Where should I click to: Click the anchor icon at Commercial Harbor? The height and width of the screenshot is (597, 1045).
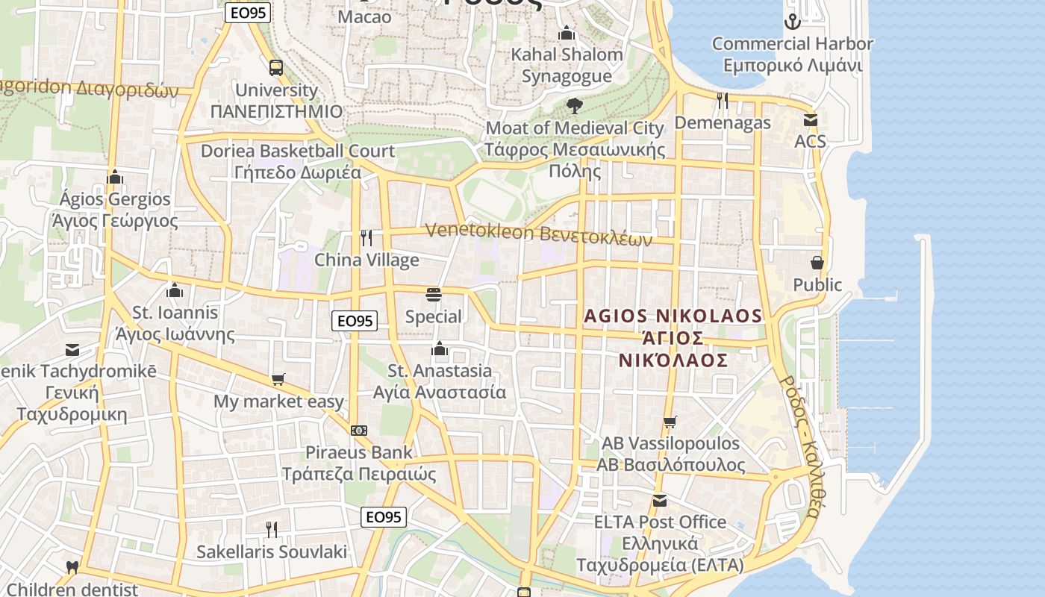pos(793,22)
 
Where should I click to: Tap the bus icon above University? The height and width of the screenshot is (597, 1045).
pos(276,68)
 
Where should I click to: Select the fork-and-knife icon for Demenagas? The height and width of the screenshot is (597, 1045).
pos(722,100)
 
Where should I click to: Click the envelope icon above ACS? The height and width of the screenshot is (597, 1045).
pos(810,119)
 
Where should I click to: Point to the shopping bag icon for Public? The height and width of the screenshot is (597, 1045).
pos(817,263)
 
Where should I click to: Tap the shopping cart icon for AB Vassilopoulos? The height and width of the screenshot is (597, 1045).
pos(670,422)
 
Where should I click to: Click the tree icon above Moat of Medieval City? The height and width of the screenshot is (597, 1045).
pos(574,105)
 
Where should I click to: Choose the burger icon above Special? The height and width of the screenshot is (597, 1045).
pos(433,295)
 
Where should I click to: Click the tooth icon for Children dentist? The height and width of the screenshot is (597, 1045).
pos(72,568)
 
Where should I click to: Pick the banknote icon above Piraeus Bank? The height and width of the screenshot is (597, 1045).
pos(359,431)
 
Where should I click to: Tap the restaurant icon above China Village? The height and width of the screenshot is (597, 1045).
pos(366,238)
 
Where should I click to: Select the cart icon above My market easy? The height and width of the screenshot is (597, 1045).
pos(278,380)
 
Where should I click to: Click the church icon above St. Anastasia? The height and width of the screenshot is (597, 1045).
pos(439,348)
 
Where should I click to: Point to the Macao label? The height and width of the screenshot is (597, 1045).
pos(364,16)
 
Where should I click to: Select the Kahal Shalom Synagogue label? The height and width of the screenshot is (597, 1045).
pos(567,65)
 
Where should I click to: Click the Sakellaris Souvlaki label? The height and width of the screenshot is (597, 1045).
pos(272,552)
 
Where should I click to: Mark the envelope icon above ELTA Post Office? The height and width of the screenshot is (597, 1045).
pos(660,500)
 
